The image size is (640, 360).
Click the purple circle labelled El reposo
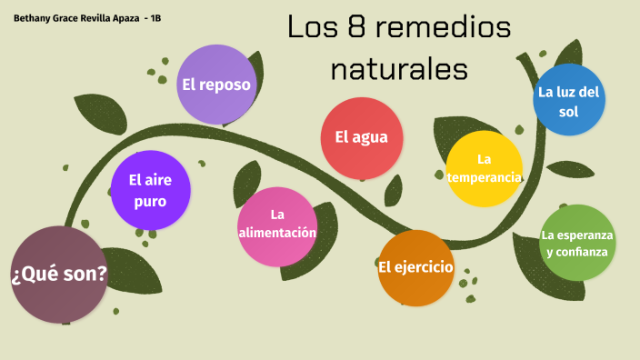pyautogui.click(x=215, y=85)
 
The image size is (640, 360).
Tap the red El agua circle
pyautogui.click(x=362, y=138)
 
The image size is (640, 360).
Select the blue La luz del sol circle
pyautogui.click(x=569, y=100)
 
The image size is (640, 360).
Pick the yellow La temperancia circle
pyautogui.click(x=485, y=168)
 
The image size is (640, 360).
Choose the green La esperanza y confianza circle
pyautogui.click(x=576, y=243)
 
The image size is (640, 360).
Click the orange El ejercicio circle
pyautogui.click(x=415, y=267)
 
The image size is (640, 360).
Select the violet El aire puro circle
pyautogui.click(x=150, y=190)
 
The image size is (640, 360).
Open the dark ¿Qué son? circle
pyautogui.click(x=59, y=275)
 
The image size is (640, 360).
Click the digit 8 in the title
pyautogui.click(x=357, y=28)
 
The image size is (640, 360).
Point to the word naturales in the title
pyautogui.click(x=400, y=68)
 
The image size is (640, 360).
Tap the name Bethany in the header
pyautogui.click(x=34, y=18)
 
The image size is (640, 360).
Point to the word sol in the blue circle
pyautogui.click(x=569, y=112)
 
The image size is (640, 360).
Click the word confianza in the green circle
pyautogui.click(x=576, y=252)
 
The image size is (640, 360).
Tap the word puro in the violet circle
pyautogui.click(x=150, y=201)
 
